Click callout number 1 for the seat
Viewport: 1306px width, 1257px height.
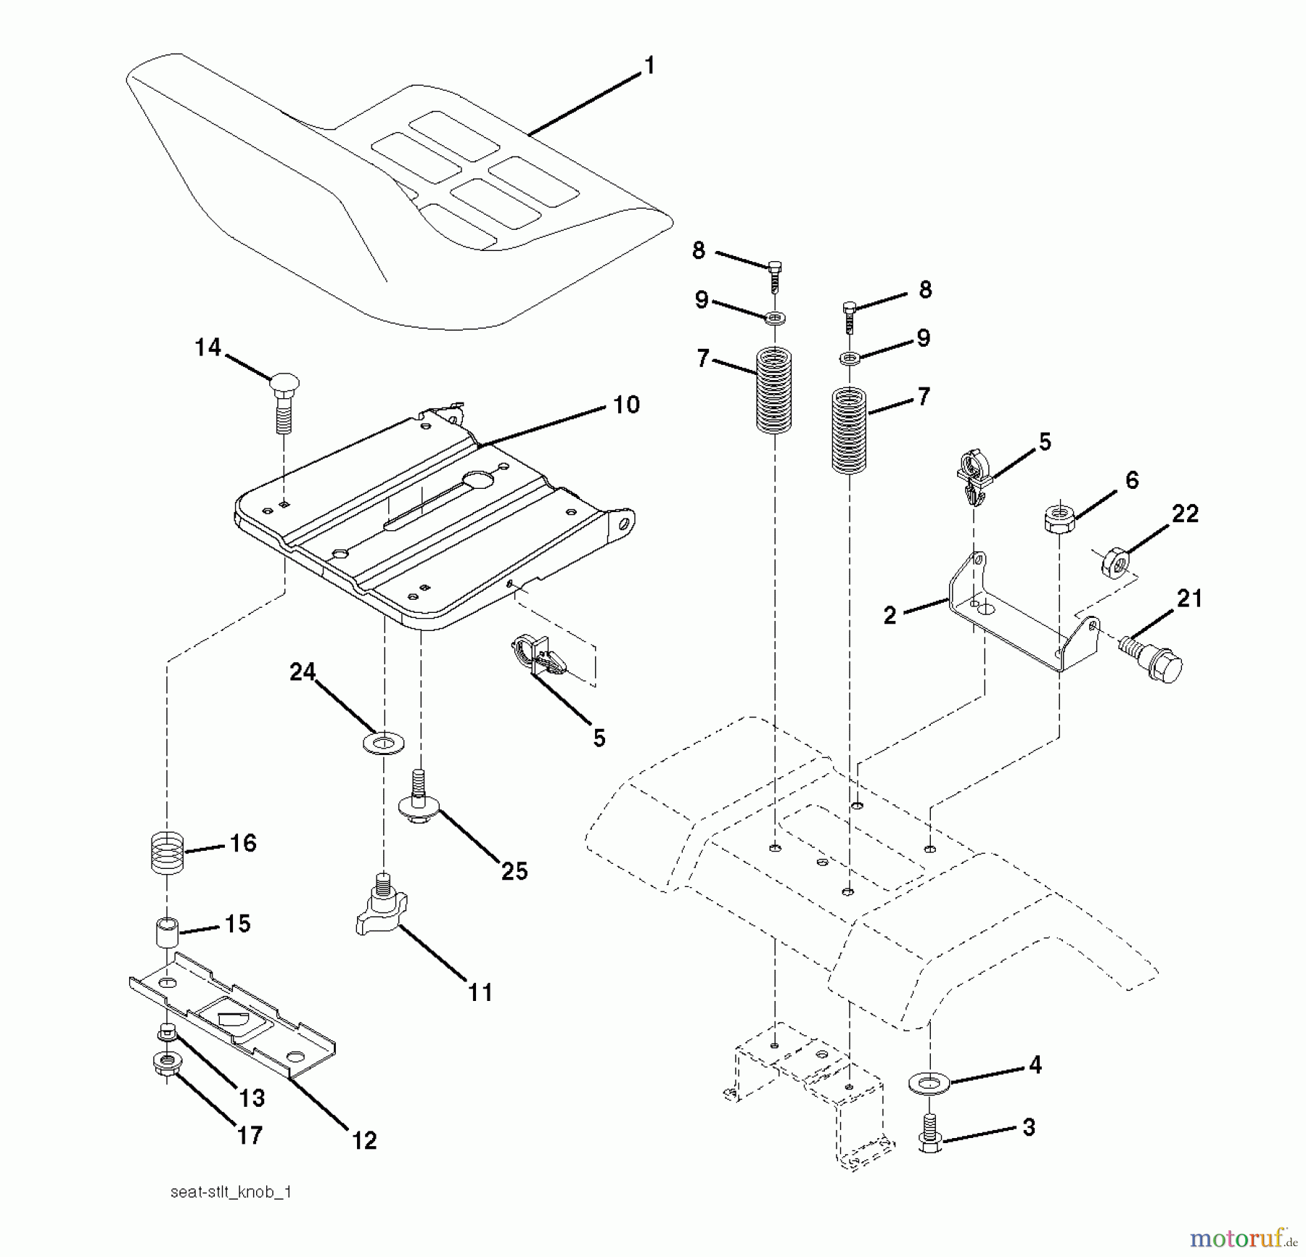coord(649,66)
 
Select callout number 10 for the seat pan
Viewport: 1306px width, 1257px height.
coord(626,405)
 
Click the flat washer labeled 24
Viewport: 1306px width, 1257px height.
coord(382,743)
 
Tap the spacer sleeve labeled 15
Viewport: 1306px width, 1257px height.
coord(167,931)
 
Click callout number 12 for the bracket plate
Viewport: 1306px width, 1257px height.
coord(364,1140)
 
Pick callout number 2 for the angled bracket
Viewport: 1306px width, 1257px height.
coord(890,616)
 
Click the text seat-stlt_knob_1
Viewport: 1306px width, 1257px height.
coord(231,1192)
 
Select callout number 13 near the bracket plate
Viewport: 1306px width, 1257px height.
coord(252,1098)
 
